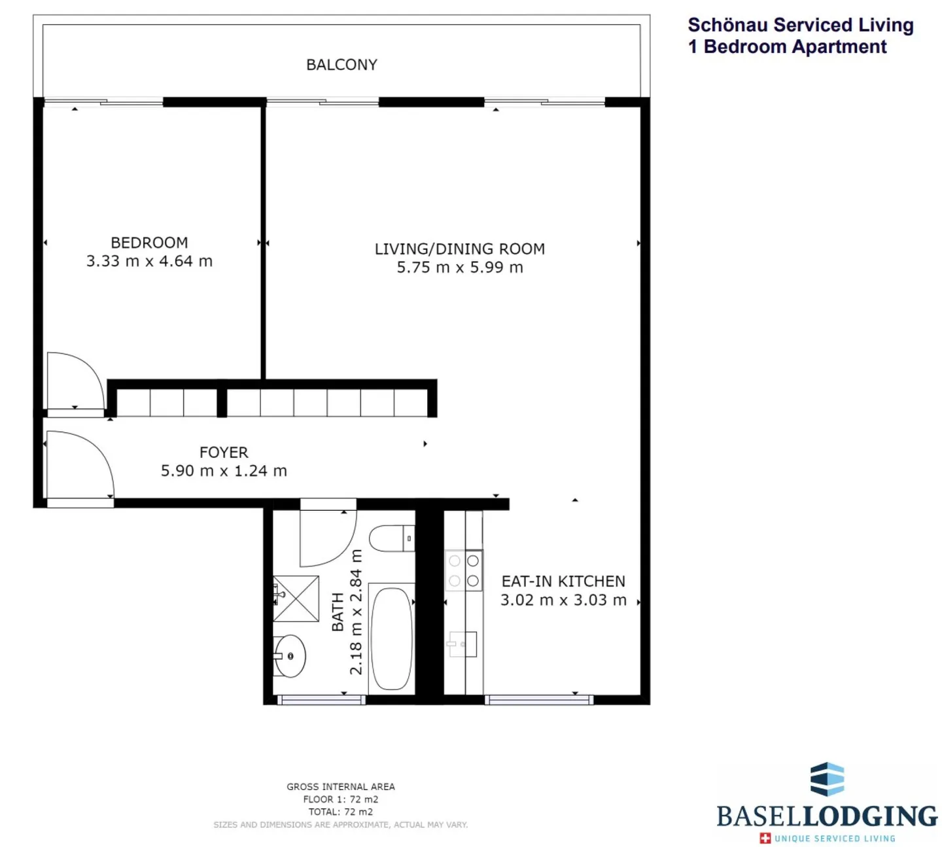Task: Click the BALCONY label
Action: (341, 65)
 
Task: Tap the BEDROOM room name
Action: (149, 243)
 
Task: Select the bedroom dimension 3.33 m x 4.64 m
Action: (149, 261)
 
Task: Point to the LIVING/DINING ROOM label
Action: (460, 249)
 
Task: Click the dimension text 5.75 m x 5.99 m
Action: (460, 267)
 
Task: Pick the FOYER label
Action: (224, 452)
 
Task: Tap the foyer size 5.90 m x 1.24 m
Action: (224, 470)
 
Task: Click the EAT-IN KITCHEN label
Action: (563, 581)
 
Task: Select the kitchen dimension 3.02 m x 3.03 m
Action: (563, 600)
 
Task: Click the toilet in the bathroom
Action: (392, 538)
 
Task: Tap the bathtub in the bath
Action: (392, 639)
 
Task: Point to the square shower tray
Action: (296, 598)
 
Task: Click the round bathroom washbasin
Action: (289, 656)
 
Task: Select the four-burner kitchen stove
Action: (464, 570)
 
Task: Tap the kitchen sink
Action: (462, 644)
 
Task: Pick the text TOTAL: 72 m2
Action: (340, 812)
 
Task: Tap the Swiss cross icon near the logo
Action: (765, 838)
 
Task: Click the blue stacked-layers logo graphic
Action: (827, 780)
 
